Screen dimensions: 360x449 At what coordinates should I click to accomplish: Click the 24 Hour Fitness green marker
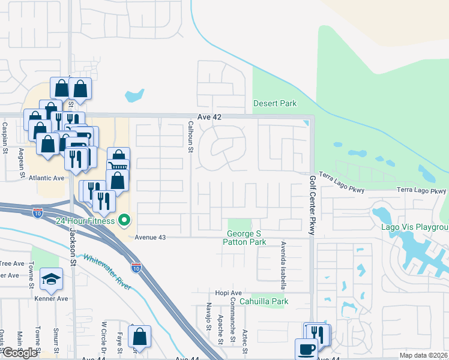[x=125, y=221]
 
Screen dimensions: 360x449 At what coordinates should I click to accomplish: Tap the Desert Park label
[x=275, y=103]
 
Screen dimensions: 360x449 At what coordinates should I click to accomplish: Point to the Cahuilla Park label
[x=264, y=301]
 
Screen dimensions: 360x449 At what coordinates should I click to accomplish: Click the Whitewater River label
[x=107, y=271]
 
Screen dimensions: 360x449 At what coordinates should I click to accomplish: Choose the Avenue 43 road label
[x=149, y=237]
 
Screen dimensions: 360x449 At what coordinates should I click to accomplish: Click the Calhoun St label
[x=190, y=136]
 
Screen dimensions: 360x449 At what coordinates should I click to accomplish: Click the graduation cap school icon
[x=51, y=278]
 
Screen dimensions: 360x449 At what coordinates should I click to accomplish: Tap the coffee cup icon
[x=306, y=349]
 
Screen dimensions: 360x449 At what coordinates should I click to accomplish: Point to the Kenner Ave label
[x=51, y=298]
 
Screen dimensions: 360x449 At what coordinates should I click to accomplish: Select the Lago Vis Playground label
[x=415, y=227]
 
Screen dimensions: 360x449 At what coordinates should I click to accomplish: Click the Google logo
[x=19, y=353]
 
